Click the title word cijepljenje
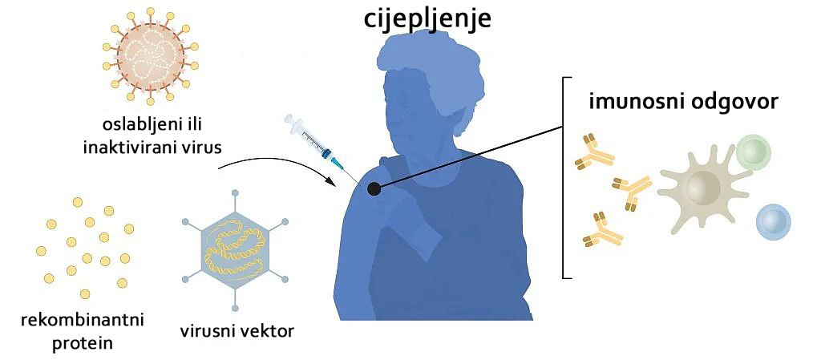pyautogui.click(x=428, y=18)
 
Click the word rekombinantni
pyautogui.click(x=83, y=318)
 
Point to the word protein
pyautogui.click(x=83, y=343)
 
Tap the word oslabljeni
pyautogui.click(x=134, y=126)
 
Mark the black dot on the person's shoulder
pyautogui.click(x=374, y=189)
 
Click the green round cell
pyautogui.click(x=754, y=151)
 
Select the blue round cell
pyautogui.click(x=774, y=222)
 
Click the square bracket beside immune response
pyautogui.click(x=563, y=178)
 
